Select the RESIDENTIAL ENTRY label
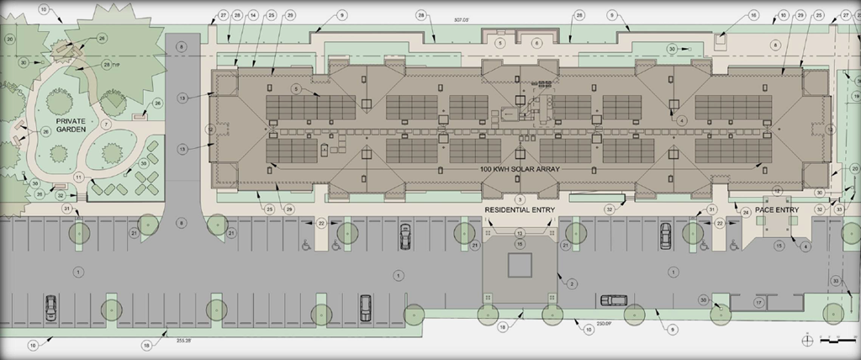click(x=519, y=208)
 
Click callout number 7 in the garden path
click(x=106, y=124)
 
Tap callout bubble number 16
click(x=753, y=15)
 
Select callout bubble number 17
click(x=758, y=302)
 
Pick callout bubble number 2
click(x=571, y=284)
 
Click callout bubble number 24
click(x=745, y=213)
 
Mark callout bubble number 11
click(x=77, y=177)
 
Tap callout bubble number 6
click(x=536, y=42)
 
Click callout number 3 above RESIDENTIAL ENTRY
click(x=520, y=199)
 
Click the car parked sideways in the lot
click(x=611, y=300)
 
